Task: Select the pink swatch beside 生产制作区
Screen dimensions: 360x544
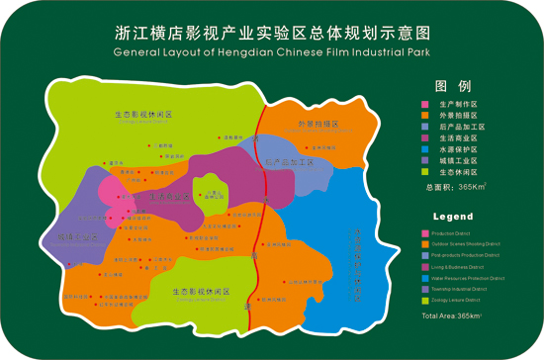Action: click(x=424, y=104)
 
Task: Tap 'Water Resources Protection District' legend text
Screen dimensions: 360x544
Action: click(x=474, y=280)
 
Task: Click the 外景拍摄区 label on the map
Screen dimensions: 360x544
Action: click(x=318, y=125)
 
